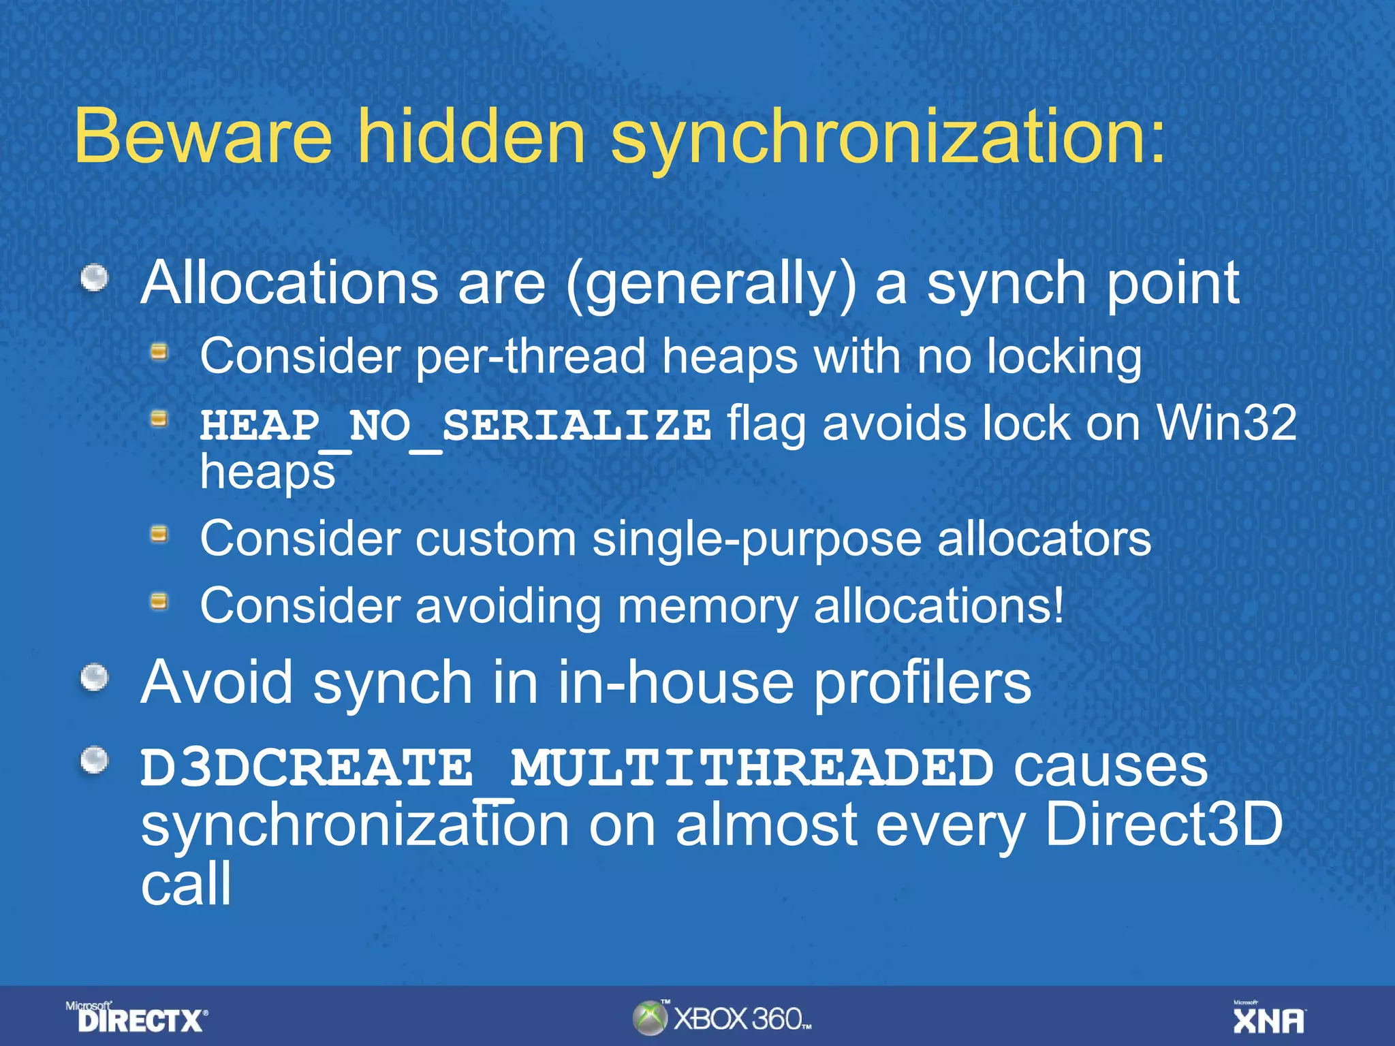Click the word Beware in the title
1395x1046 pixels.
[x=203, y=136]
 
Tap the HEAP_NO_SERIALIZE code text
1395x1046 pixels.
[x=455, y=426]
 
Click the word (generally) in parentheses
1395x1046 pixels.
[x=710, y=285]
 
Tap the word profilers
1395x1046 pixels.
[x=922, y=682]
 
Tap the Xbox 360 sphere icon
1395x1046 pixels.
[x=650, y=1018]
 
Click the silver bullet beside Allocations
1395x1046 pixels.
[x=95, y=278]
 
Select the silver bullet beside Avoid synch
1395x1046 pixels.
[x=95, y=678]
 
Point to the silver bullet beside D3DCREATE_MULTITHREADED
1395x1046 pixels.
[x=95, y=761]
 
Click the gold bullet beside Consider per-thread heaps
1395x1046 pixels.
[x=159, y=351]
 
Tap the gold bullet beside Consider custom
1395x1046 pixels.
[x=159, y=535]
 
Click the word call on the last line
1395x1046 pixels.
[x=186, y=883]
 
